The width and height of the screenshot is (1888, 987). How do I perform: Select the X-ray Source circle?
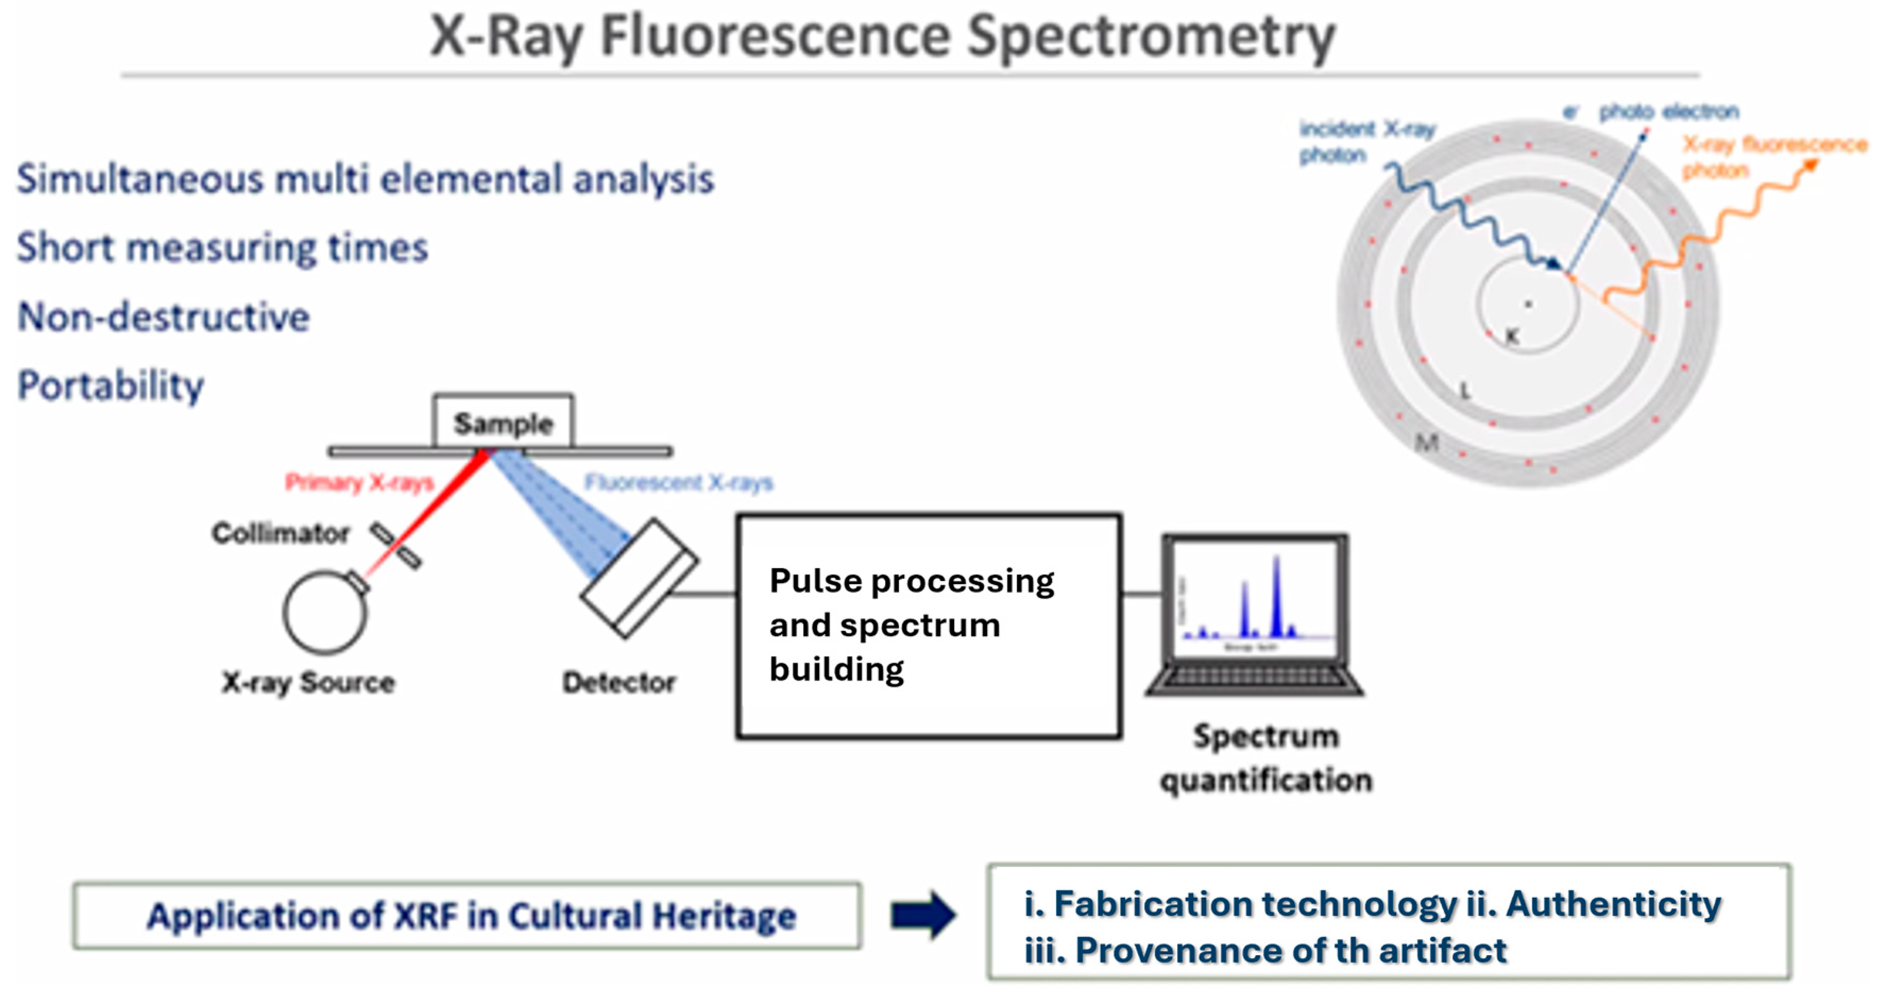[325, 612]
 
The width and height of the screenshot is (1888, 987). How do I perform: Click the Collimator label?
[280, 533]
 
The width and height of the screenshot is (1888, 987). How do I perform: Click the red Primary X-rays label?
[359, 482]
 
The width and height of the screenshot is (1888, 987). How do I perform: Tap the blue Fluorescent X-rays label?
[678, 482]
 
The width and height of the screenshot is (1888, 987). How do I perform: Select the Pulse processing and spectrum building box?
[929, 625]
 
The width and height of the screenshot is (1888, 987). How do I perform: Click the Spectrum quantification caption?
[1266, 758]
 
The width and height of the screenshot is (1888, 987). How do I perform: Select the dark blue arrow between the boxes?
[923, 914]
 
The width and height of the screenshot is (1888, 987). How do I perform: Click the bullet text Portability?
[110, 385]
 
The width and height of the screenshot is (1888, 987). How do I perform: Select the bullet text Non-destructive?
[164, 316]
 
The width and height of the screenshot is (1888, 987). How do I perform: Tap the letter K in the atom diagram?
[1511, 336]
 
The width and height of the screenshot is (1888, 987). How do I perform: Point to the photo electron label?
[1668, 111]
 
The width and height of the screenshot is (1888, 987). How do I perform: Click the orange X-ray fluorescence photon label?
[1774, 156]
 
